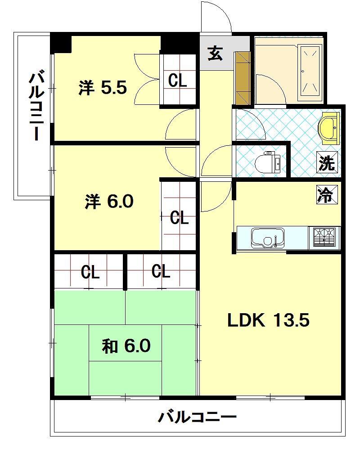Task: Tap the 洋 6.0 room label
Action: point(109,202)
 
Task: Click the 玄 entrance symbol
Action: point(215,54)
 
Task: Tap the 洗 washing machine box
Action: point(327,163)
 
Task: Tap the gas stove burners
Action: point(324,237)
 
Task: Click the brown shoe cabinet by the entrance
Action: point(242,78)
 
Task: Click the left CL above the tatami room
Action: point(90,272)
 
